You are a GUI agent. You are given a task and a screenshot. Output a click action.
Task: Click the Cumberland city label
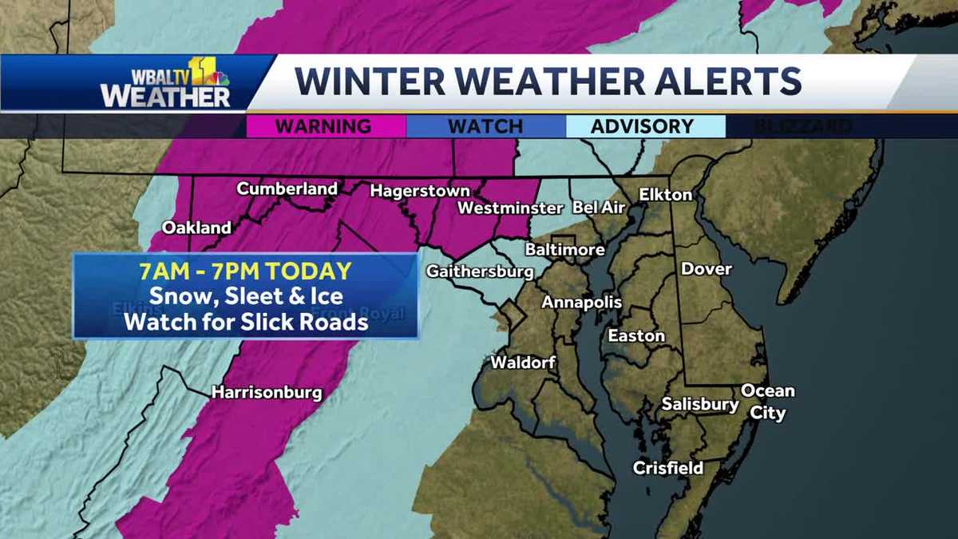[x=287, y=189]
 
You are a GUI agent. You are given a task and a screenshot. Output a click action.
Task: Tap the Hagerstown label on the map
[x=419, y=192]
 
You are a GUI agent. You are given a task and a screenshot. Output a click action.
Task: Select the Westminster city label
[x=510, y=208]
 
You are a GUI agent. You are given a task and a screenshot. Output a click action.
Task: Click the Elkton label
[x=665, y=195]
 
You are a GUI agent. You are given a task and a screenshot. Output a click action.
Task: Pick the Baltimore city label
[x=564, y=250]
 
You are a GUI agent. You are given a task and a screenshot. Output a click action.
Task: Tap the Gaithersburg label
[x=480, y=271]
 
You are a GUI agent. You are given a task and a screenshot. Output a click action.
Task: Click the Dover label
[x=706, y=269]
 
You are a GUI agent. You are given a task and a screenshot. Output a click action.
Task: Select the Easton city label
[x=636, y=336]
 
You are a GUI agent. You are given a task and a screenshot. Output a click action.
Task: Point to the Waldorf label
[x=523, y=363]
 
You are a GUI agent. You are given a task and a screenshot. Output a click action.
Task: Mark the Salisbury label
[x=700, y=405]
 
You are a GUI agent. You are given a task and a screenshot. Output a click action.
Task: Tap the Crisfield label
[x=668, y=469]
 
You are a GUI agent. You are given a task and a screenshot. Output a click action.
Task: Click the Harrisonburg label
[x=267, y=393]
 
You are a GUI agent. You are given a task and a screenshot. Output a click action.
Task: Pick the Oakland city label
[x=196, y=228]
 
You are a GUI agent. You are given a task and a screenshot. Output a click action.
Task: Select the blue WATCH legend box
[x=485, y=126]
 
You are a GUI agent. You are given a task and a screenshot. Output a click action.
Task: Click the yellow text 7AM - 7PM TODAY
[x=245, y=271]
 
